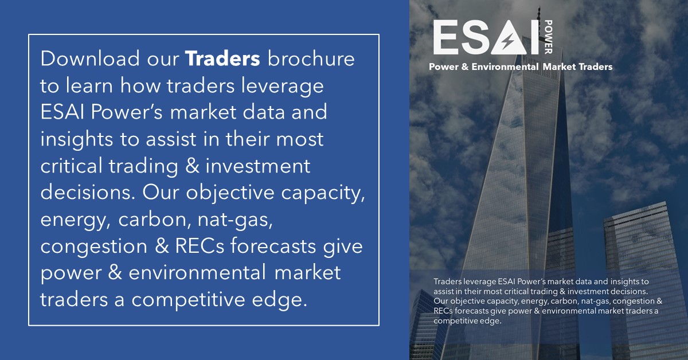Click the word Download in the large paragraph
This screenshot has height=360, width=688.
(x=90, y=58)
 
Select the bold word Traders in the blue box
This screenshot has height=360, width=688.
(x=222, y=58)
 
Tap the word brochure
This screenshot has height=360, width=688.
(x=311, y=58)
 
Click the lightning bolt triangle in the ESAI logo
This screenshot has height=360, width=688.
(x=509, y=38)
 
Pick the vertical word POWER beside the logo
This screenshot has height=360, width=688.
(x=549, y=37)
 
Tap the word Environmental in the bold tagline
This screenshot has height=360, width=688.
(x=505, y=66)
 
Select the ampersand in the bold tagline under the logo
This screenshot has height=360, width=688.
(x=465, y=66)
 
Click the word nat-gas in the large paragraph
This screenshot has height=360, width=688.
(x=235, y=220)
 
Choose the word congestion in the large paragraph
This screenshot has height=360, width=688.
(x=93, y=247)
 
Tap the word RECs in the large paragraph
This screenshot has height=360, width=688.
(x=200, y=246)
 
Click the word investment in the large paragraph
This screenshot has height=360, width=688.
(x=258, y=166)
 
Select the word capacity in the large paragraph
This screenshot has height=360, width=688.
(x=323, y=194)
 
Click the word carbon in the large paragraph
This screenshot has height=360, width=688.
(x=153, y=220)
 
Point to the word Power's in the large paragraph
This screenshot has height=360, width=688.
(x=127, y=112)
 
